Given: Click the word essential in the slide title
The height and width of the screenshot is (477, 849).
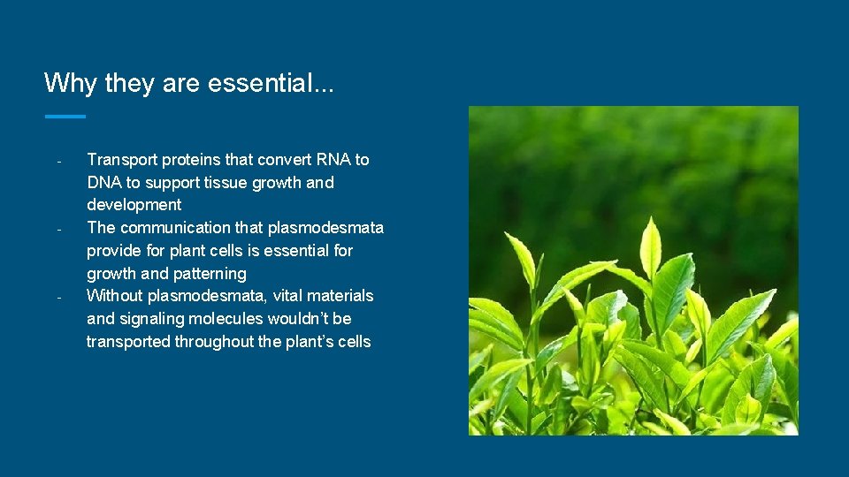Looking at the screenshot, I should (259, 83).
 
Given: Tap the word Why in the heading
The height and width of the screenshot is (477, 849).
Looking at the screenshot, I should (70, 83).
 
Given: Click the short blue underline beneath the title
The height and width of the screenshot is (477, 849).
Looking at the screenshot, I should (65, 116).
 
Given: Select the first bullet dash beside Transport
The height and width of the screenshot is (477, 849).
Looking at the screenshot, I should (57, 162).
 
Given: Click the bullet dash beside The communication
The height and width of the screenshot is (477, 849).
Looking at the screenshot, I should (57, 230).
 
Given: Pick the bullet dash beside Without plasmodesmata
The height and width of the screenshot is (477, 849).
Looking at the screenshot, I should (57, 297).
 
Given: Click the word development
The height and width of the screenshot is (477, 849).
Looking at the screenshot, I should (134, 205).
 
